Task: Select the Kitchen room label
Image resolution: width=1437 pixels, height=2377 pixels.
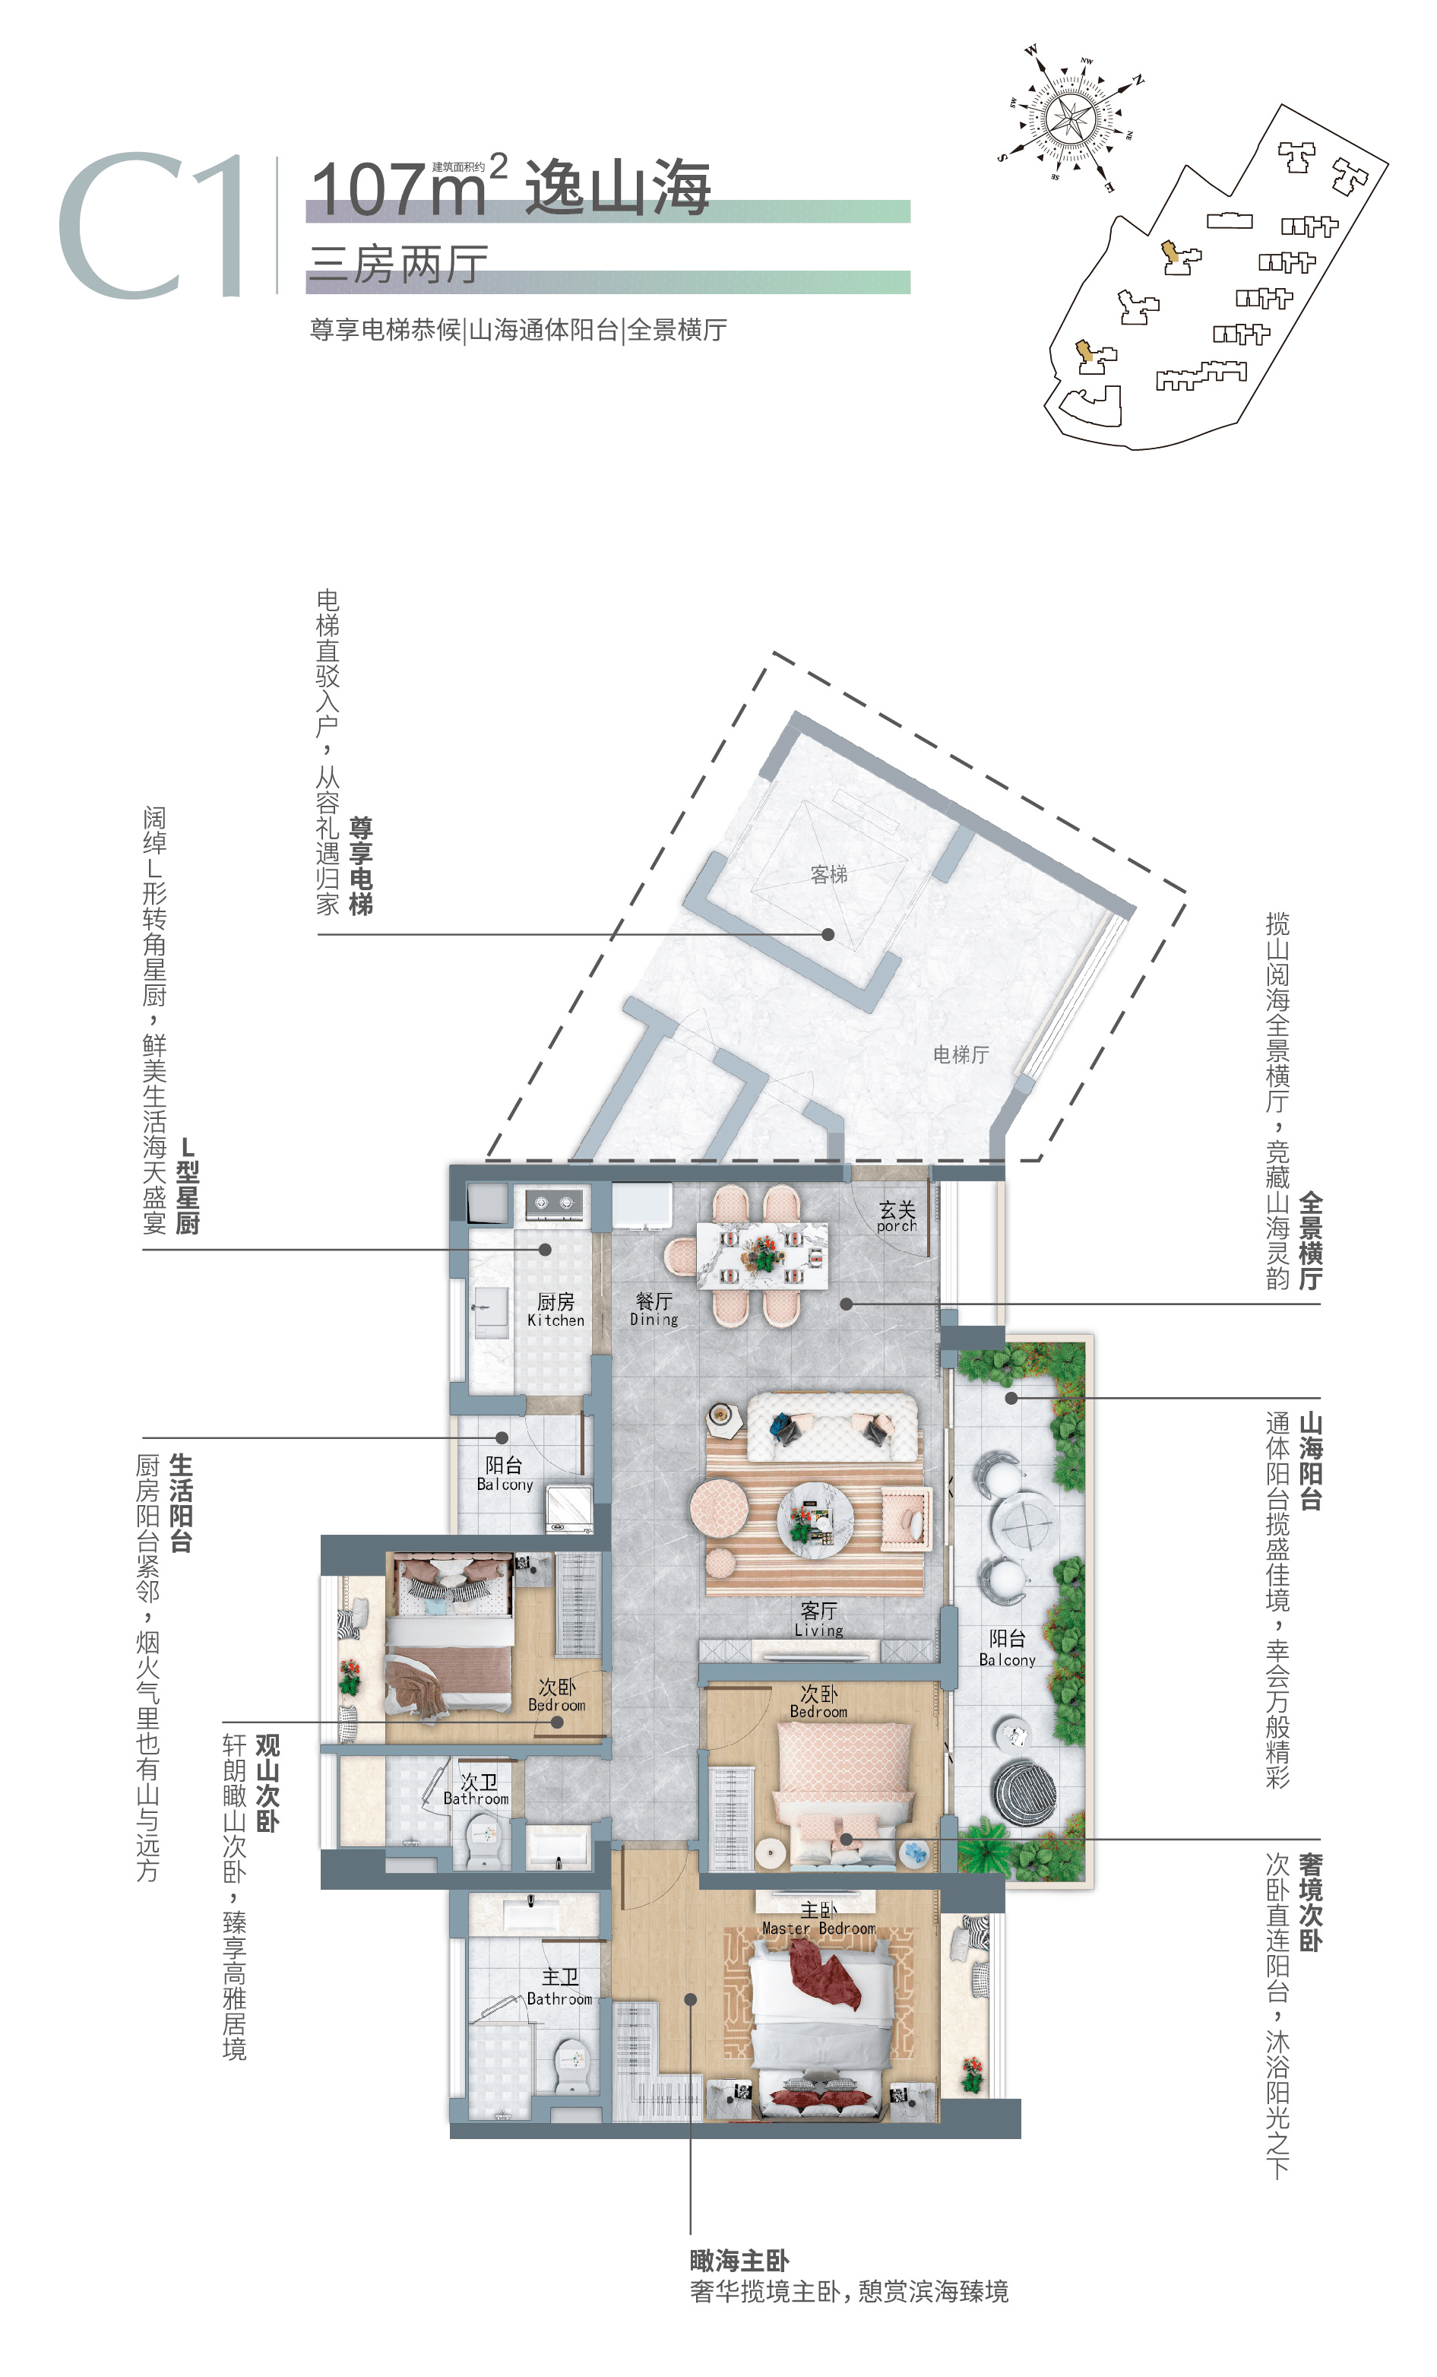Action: click(555, 1310)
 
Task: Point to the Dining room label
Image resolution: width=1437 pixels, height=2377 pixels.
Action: click(654, 1309)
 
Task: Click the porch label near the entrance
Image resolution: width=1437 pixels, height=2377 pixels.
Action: click(897, 1216)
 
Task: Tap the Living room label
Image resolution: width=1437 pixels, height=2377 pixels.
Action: click(818, 1620)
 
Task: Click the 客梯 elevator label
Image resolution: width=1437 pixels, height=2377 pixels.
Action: click(828, 874)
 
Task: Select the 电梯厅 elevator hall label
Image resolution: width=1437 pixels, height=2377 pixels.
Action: click(961, 1054)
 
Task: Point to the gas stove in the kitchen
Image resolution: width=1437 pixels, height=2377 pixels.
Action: click(555, 1202)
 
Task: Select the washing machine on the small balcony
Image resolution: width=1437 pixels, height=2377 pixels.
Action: click(569, 1509)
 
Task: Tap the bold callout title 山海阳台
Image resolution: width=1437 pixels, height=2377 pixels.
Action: click(1309, 1460)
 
